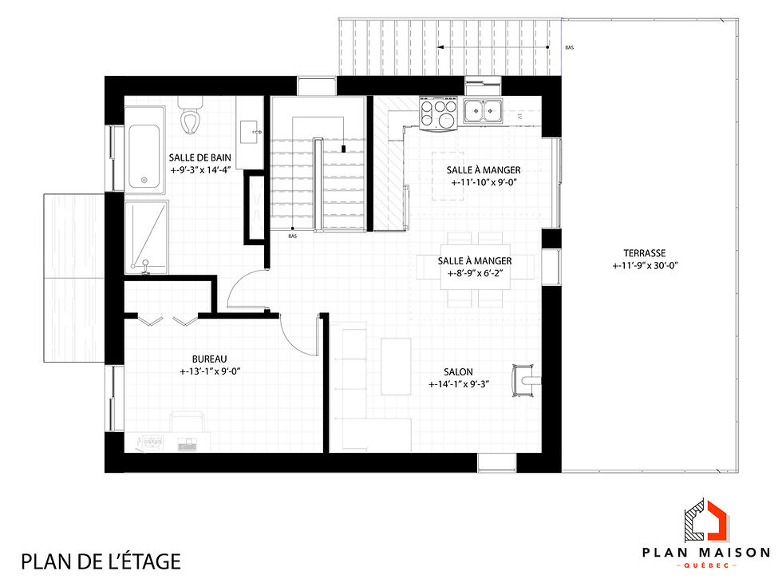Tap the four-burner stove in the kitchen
click(438, 113)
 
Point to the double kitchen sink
click(482, 110)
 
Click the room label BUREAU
click(209, 359)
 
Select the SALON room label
click(458, 372)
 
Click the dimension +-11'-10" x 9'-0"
click(484, 183)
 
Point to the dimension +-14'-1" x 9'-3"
click(458, 384)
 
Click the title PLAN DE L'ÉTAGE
click(101, 561)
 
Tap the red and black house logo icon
click(706, 518)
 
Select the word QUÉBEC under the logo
click(706, 566)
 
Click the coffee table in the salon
click(396, 367)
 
